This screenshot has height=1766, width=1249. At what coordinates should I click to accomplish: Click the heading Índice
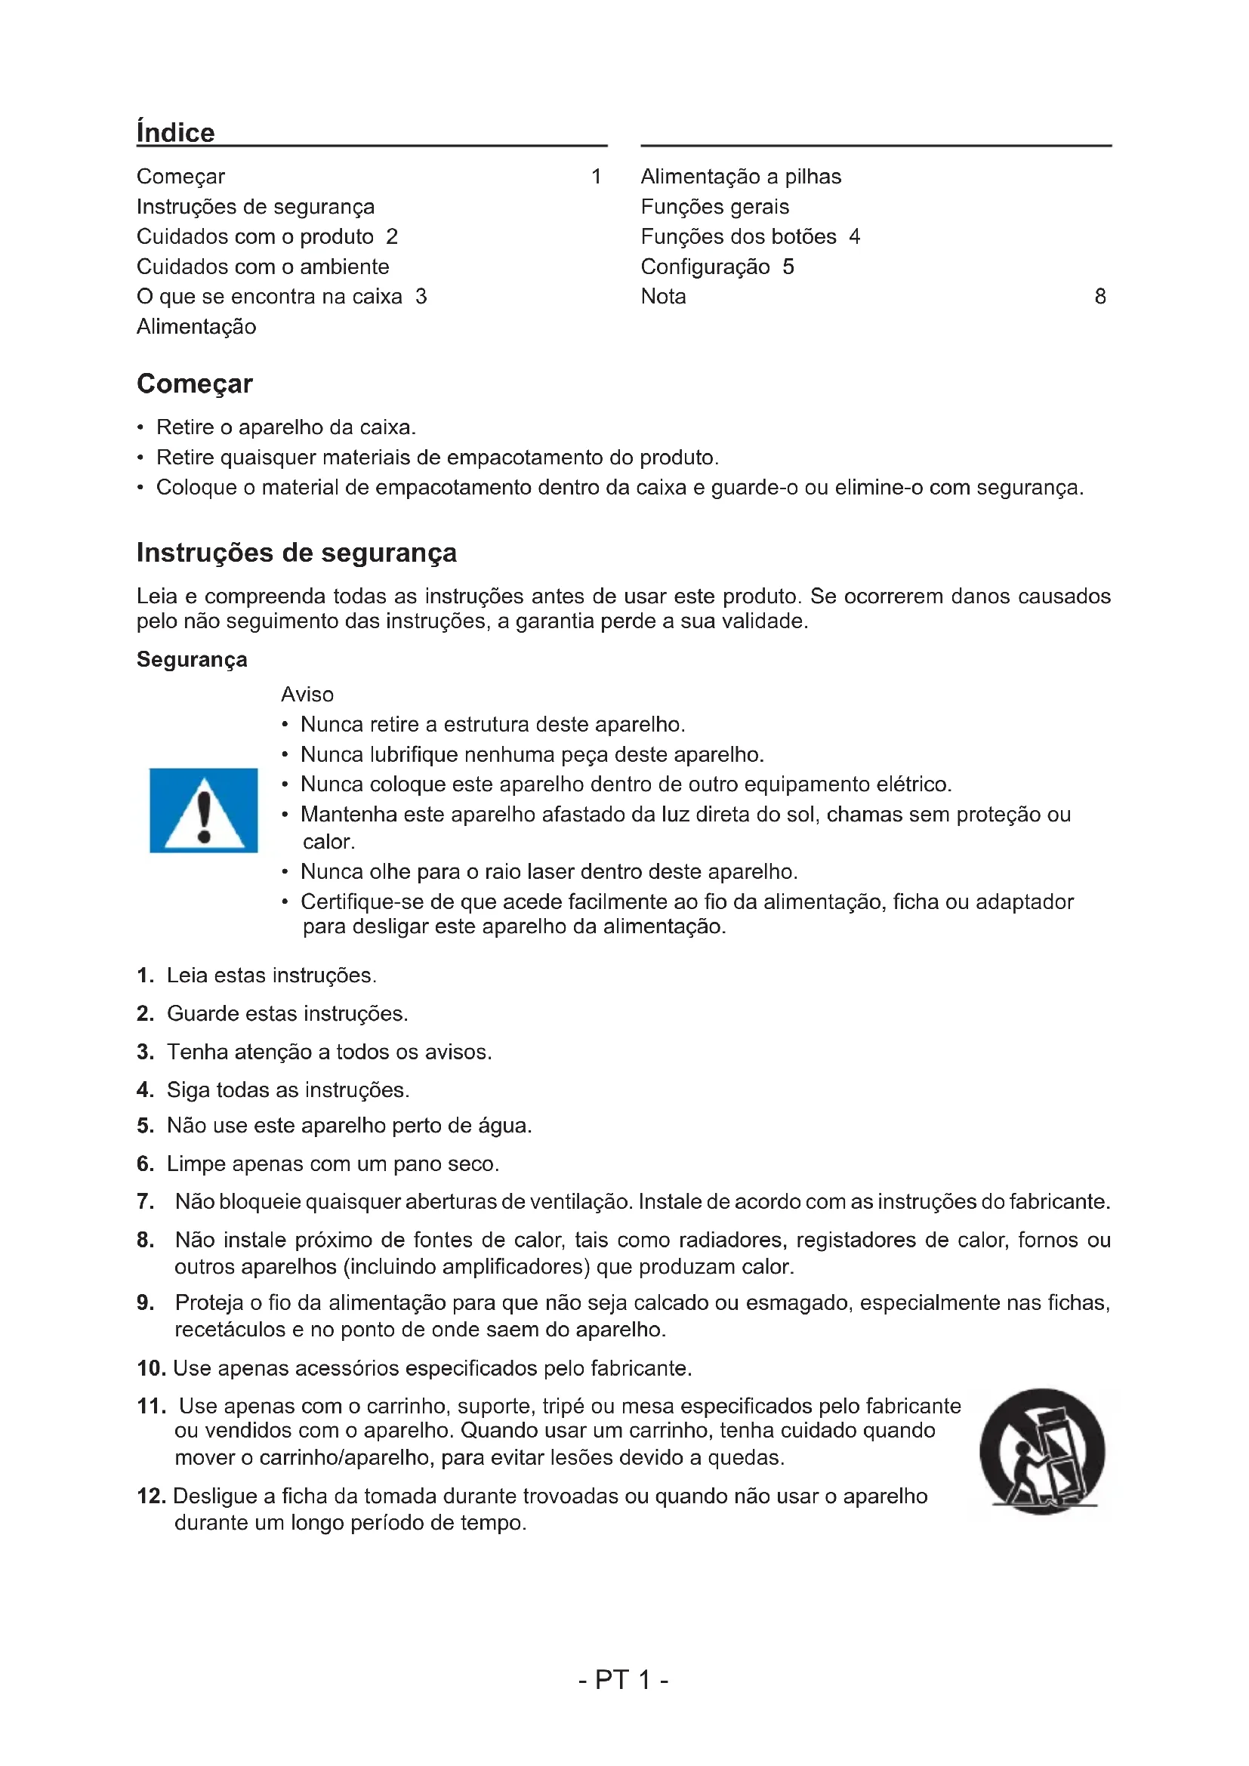click(175, 132)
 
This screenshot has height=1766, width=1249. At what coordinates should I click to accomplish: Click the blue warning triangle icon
click(203, 810)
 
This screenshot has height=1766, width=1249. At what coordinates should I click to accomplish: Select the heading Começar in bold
click(195, 383)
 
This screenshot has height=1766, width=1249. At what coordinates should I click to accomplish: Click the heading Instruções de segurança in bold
click(296, 552)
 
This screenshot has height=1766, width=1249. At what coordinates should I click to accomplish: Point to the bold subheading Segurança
click(192, 659)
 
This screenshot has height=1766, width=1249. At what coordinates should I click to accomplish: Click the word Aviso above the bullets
click(307, 694)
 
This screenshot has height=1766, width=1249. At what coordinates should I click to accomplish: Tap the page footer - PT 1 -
click(623, 1679)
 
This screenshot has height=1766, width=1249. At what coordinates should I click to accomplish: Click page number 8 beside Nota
click(1099, 296)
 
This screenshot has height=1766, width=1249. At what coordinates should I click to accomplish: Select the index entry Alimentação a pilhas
click(741, 176)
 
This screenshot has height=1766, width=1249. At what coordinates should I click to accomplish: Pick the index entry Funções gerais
click(714, 206)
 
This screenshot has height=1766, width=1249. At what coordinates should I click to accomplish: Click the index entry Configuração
click(705, 266)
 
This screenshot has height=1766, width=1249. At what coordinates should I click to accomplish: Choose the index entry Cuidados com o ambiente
click(262, 266)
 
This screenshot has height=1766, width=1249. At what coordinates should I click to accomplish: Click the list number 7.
click(145, 1201)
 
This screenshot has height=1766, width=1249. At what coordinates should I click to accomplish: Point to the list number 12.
click(152, 1495)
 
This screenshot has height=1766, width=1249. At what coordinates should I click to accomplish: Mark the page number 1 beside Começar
click(596, 176)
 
